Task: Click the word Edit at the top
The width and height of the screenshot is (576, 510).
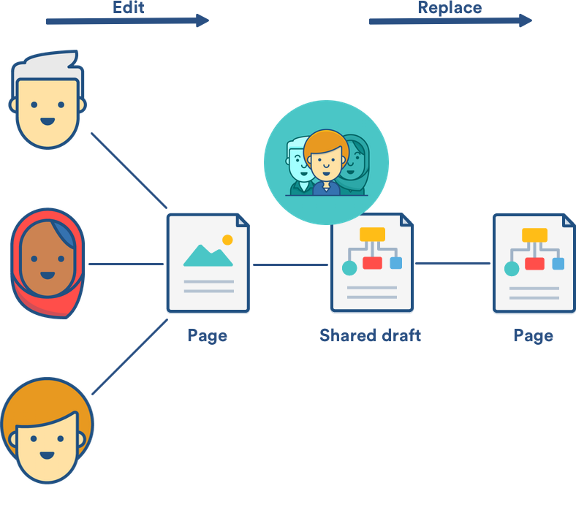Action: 129,7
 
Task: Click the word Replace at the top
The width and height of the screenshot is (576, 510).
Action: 449,7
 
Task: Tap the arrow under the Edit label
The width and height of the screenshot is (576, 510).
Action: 127,21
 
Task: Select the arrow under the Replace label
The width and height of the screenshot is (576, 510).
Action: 450,21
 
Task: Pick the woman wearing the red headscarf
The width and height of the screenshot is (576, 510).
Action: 48,263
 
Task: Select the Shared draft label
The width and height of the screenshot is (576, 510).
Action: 370,335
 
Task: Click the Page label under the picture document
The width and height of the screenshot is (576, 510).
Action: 207,335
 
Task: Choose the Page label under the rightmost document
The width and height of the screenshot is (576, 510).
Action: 533,335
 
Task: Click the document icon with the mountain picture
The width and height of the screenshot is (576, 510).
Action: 208,263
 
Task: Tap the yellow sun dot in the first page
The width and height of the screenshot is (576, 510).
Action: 227,240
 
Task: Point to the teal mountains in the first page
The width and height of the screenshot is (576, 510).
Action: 207,255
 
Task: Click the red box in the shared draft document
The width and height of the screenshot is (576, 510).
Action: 373,262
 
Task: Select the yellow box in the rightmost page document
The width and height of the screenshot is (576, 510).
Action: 534,235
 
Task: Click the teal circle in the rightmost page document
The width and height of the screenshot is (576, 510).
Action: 512,269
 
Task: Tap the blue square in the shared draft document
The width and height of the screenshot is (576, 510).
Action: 396,262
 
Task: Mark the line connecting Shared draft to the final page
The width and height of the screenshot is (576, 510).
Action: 452,264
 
